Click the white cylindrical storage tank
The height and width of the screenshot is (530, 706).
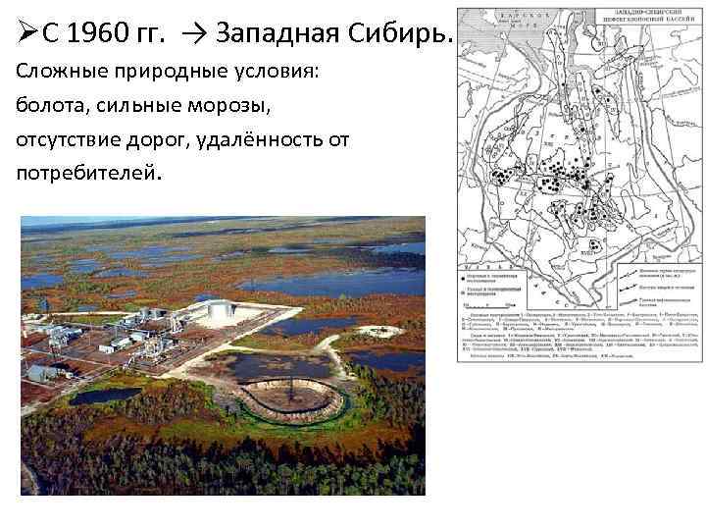222,312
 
